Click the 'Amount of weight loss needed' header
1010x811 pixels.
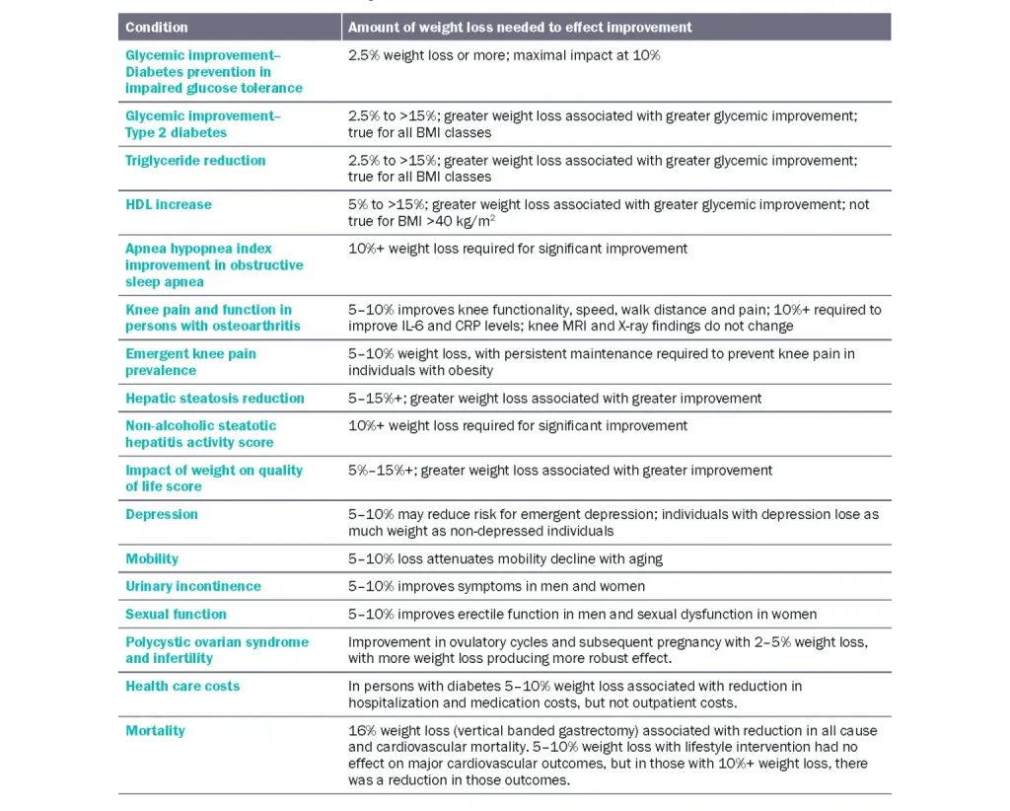[x=520, y=27]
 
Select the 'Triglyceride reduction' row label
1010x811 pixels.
[x=195, y=161]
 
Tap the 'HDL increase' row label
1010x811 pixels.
[x=168, y=205]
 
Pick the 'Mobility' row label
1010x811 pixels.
[x=152, y=558]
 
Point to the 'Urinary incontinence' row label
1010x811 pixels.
[x=193, y=586]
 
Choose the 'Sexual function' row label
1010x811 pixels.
[x=176, y=614]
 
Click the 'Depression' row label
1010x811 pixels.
[x=162, y=514]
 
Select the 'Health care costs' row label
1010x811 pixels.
[x=182, y=686]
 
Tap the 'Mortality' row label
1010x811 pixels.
[x=155, y=730]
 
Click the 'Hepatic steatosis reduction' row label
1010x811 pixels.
[x=215, y=399]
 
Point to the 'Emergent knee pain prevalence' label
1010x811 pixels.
[x=190, y=362]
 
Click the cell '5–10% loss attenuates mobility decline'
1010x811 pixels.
[x=505, y=558]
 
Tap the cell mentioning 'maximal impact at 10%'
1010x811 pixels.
[x=504, y=55]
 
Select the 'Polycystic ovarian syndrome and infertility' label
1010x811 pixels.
[x=216, y=649]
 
